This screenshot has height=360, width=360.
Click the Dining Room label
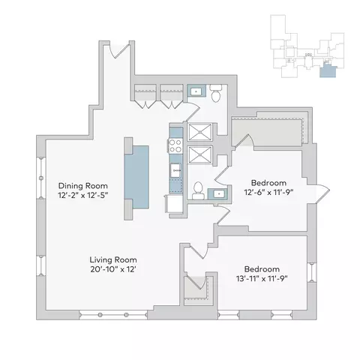pos(83,186)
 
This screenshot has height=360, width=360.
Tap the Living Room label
pos(113,259)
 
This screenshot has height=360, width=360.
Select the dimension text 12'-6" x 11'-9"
pos(268,192)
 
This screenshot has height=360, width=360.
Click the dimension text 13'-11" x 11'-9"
pos(262,278)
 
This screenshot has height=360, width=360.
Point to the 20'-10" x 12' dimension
pos(113,269)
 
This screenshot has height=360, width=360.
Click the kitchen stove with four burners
pos(175,145)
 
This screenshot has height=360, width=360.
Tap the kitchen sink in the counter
pos(176,170)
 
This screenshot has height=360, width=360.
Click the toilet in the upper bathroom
pos(215,93)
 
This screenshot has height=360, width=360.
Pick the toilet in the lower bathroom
pos(198,190)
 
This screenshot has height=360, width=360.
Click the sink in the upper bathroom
pos(196,91)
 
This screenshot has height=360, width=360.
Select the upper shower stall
pos(199,132)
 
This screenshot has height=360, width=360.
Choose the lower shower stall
pos(199,154)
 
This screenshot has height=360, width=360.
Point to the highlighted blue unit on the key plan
pos(328,70)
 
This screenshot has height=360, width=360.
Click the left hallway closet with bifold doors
pos(145,96)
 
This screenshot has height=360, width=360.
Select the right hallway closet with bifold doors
pos(172,96)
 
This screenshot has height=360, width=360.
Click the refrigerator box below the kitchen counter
pos(174,204)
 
